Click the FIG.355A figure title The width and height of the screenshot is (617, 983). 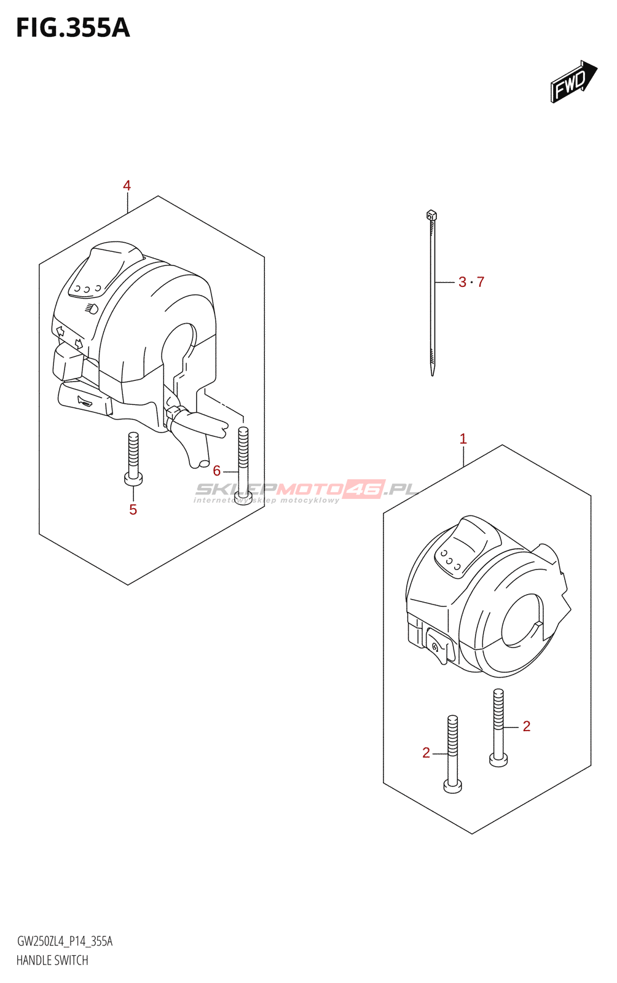pyautogui.click(x=73, y=28)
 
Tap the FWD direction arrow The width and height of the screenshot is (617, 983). pyautogui.click(x=573, y=81)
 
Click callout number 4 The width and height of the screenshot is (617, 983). pyautogui.click(x=127, y=186)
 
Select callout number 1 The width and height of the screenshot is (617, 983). pyautogui.click(x=463, y=439)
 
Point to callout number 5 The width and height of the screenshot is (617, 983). pyautogui.click(x=133, y=509)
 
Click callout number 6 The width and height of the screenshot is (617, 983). pyautogui.click(x=216, y=471)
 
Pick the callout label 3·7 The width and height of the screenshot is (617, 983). pyautogui.click(x=471, y=282)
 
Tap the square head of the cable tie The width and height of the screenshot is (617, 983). pyautogui.click(x=431, y=215)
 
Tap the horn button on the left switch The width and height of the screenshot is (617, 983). pyautogui.click(x=85, y=402)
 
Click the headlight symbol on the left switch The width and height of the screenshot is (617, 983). pyautogui.click(x=91, y=308)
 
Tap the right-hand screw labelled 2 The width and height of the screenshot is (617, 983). pyautogui.click(x=498, y=728)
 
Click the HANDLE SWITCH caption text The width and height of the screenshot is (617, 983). pyautogui.click(x=52, y=960)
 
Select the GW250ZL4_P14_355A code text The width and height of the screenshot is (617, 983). pyautogui.click(x=65, y=941)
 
